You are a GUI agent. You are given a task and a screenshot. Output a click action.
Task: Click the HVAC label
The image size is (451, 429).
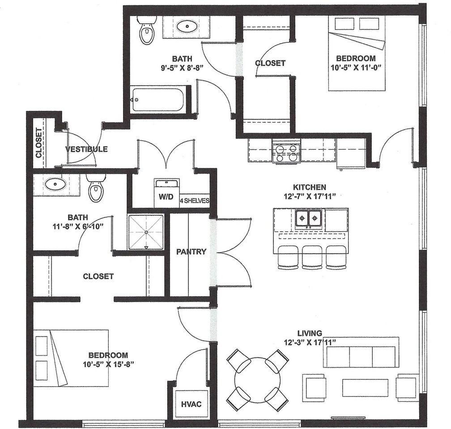(191, 404)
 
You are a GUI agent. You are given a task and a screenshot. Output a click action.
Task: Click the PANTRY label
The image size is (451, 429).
(191, 252)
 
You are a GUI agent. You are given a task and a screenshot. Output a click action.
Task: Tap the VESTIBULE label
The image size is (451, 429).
(86, 149)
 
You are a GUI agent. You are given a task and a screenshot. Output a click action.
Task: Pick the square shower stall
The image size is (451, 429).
(146, 232)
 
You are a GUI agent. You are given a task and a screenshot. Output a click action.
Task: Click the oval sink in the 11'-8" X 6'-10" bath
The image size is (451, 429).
(55, 184)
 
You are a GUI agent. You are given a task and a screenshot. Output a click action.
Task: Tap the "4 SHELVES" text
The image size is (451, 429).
(195, 201)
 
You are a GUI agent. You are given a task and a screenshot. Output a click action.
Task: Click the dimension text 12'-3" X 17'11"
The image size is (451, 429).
(310, 342)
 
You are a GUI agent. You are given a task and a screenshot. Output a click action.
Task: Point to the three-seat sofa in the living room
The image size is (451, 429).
(361, 352)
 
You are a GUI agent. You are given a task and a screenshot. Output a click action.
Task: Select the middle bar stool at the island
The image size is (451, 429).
(312, 257)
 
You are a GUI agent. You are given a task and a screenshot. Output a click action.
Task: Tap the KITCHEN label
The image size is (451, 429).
(310, 187)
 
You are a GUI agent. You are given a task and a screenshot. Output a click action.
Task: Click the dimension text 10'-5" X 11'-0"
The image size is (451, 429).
(356, 67)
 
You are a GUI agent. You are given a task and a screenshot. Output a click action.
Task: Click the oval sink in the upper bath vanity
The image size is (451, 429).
(187, 27)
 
